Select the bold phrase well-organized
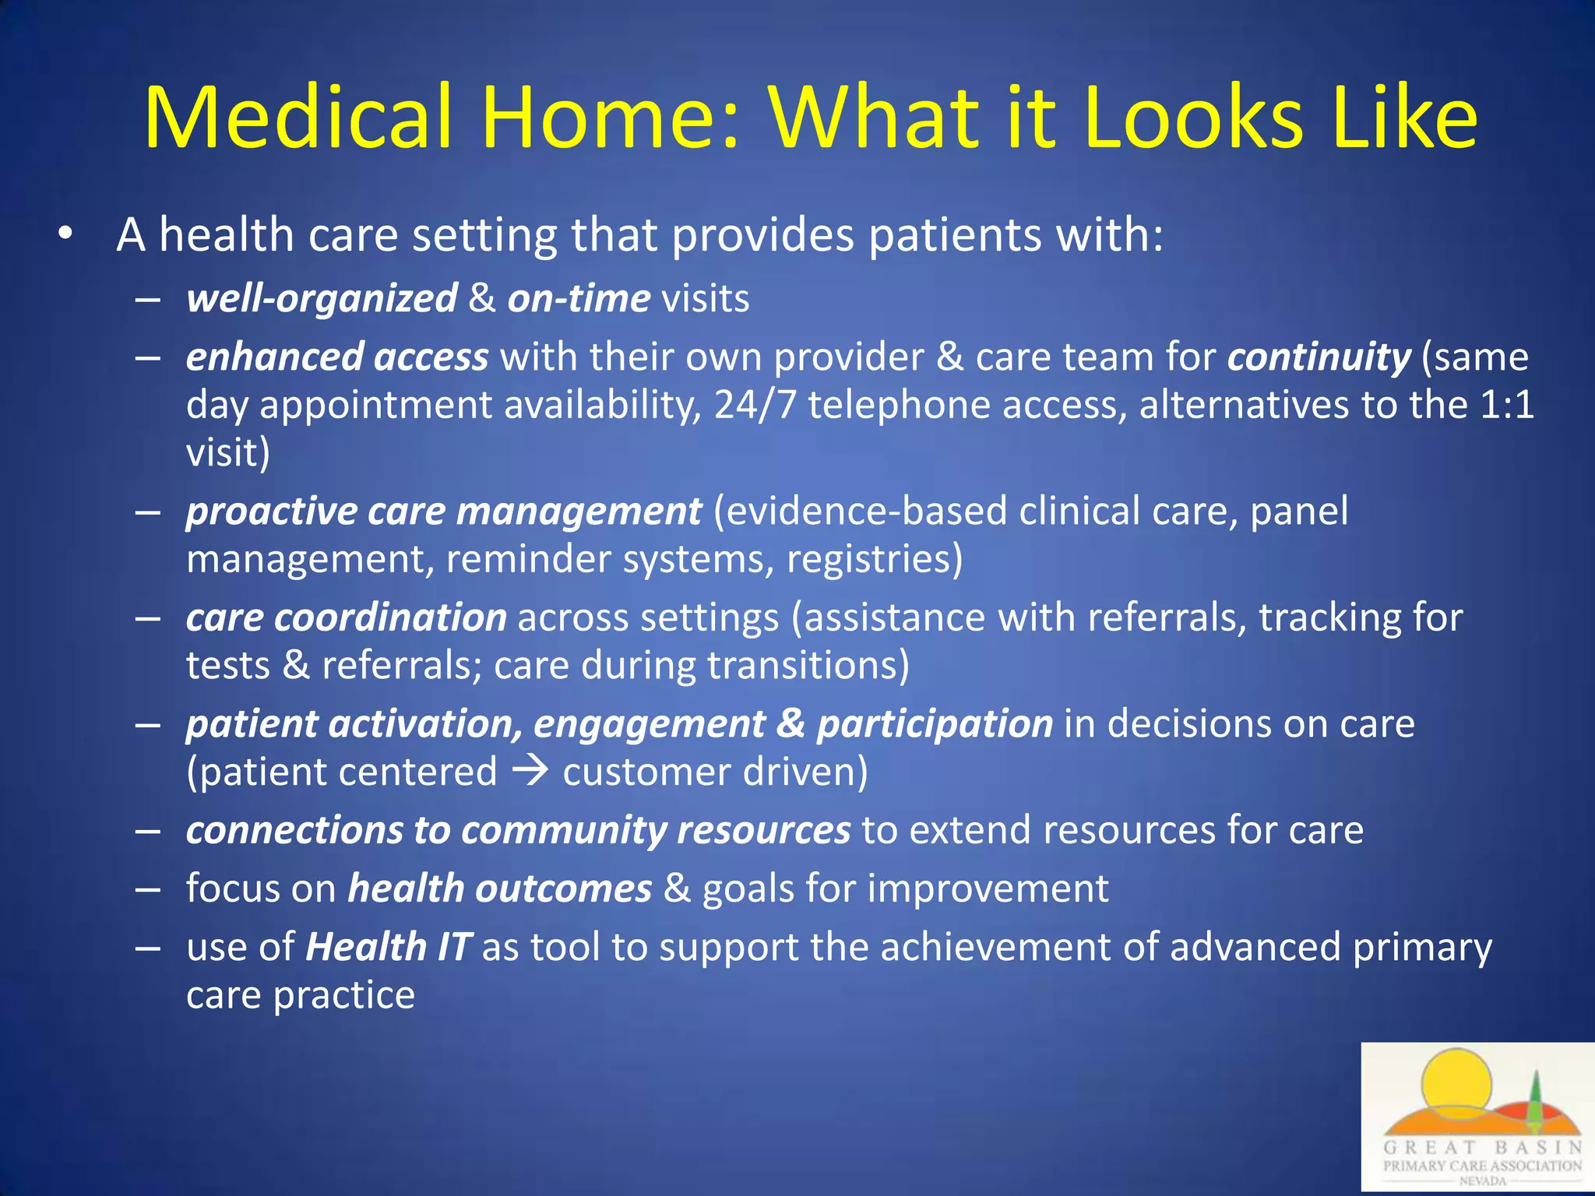click(322, 299)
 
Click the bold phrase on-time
click(579, 299)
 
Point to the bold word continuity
click(1319, 357)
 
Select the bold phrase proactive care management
click(444, 512)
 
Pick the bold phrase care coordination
click(347, 617)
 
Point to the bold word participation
click(935, 724)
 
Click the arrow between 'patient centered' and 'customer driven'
click(530, 771)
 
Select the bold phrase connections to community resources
click(518, 830)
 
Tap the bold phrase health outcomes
click(499, 888)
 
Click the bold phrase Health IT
click(388, 948)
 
